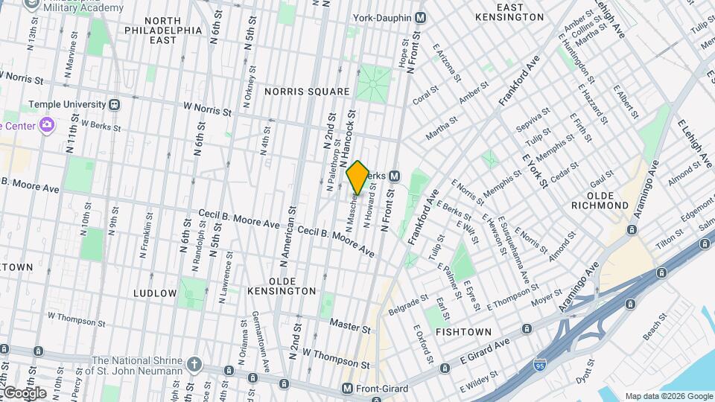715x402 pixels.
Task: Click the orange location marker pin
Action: point(357,178)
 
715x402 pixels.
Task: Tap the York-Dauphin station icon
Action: point(420,17)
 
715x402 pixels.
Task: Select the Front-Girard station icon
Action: point(347,389)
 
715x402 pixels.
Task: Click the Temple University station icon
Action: point(115,105)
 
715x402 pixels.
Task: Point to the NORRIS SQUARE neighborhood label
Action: point(307,92)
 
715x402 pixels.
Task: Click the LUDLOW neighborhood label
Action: point(155,293)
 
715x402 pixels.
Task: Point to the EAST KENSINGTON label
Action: point(509,12)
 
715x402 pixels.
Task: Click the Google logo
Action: point(24,392)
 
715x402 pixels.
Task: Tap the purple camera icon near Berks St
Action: point(47,124)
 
